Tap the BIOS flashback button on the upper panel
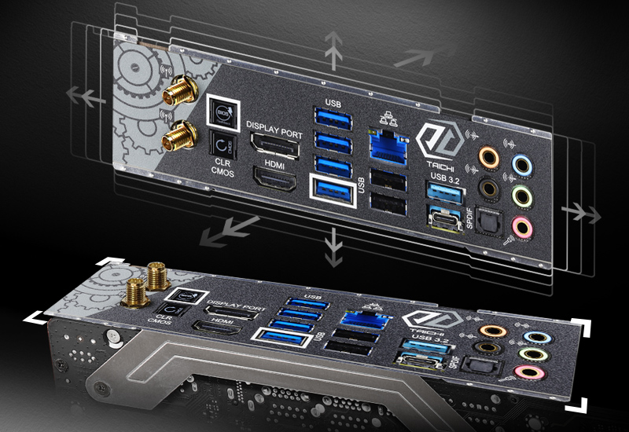click(222, 112)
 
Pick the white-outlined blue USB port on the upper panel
click(333, 190)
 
